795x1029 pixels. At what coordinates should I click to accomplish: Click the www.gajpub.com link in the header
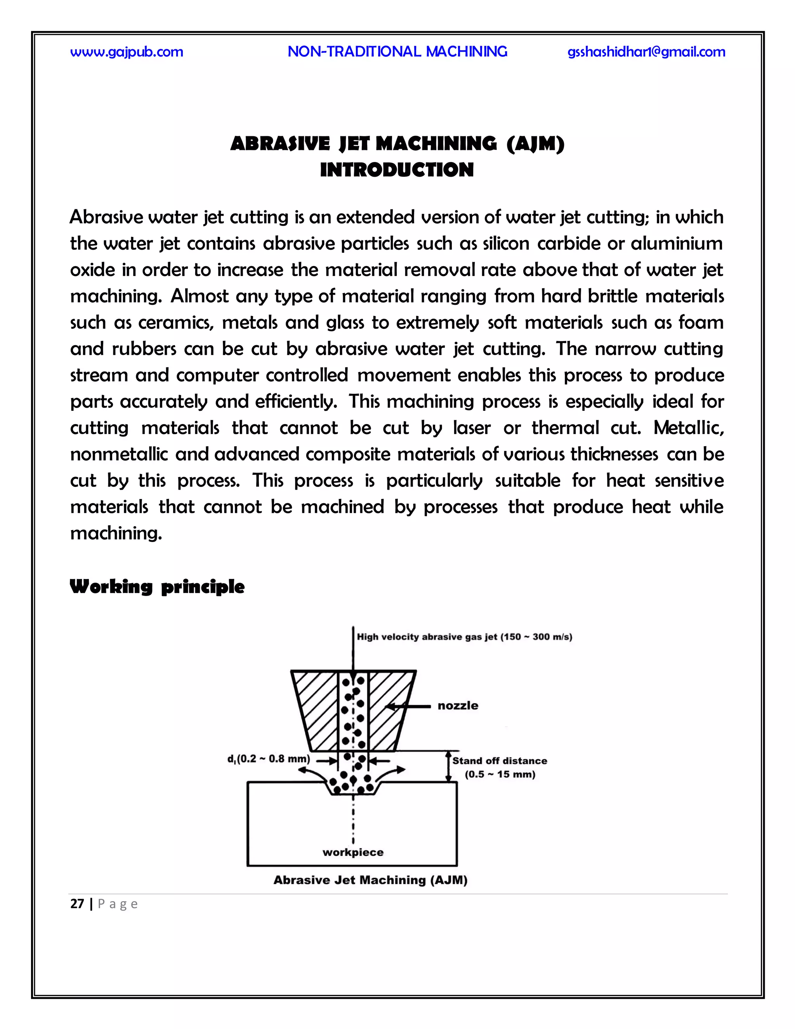pos(127,52)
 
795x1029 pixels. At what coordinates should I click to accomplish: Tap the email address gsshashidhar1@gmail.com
pos(646,52)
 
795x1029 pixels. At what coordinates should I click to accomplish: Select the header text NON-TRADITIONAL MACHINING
pos(397,51)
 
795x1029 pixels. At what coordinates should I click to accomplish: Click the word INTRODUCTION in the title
pos(397,170)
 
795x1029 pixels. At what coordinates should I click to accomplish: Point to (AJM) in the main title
pos(535,144)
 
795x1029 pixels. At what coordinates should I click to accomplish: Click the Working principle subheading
pos(157,587)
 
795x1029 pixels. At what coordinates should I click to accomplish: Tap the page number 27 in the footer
pos(77,904)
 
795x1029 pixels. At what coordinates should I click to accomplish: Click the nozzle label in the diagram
pos(458,706)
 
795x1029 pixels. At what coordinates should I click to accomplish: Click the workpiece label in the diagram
pos(353,852)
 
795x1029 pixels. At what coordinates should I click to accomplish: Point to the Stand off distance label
pos(500,761)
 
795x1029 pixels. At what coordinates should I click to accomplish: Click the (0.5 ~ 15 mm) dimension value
pos(500,775)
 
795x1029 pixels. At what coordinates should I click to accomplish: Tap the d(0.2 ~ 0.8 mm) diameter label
pos(269,759)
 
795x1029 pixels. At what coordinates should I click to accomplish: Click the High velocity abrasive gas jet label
pos(464,637)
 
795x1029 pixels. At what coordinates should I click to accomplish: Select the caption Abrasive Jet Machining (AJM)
pos(370,880)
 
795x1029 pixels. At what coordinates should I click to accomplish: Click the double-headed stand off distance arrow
pos(449,767)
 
